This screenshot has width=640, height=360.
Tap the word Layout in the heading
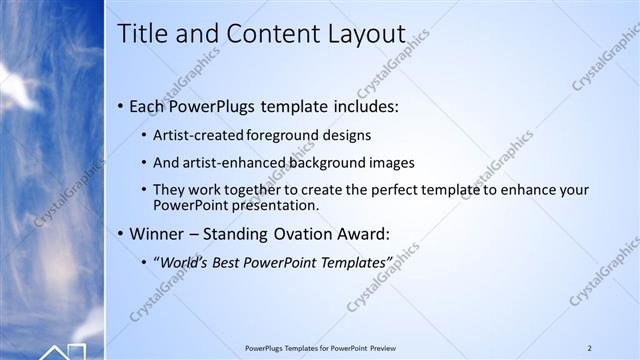click(362, 34)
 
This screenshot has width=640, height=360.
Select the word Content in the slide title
click(268, 34)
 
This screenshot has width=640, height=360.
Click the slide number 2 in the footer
click(589, 348)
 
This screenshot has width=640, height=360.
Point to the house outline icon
click(63, 351)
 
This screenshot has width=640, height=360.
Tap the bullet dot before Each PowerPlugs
click(121, 105)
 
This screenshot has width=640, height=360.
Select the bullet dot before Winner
click(121, 235)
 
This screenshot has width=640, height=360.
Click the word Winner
click(156, 235)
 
